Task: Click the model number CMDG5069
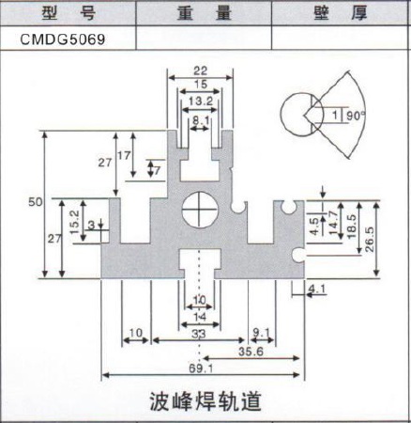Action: pyautogui.click(x=63, y=39)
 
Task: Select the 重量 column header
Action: pyautogui.click(x=205, y=13)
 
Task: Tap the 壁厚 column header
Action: pyautogui.click(x=341, y=13)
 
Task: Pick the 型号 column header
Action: pyautogui.click(x=68, y=13)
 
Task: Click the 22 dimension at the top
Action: pyautogui.click(x=201, y=70)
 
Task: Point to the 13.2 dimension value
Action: pyautogui.click(x=201, y=101)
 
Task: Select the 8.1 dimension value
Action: pyautogui.click(x=201, y=120)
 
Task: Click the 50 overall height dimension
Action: pyautogui.click(x=35, y=202)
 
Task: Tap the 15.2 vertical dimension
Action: pyautogui.click(x=74, y=222)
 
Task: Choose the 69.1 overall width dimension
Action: pyautogui.click(x=201, y=368)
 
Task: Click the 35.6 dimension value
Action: pyautogui.click(x=251, y=352)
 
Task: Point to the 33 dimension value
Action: pyautogui.click(x=199, y=334)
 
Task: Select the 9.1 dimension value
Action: pyautogui.click(x=261, y=333)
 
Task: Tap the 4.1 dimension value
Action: pyautogui.click(x=317, y=289)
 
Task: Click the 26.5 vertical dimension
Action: pyautogui.click(x=370, y=240)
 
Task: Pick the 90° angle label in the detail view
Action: pyautogui.click(x=356, y=116)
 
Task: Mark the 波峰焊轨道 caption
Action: pyautogui.click(x=205, y=401)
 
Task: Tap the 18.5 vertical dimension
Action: pyautogui.click(x=351, y=227)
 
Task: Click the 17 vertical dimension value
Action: pyautogui.click(x=124, y=155)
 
